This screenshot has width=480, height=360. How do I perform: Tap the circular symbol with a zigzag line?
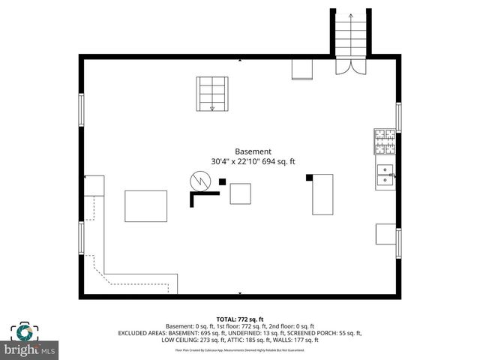[x=200, y=180]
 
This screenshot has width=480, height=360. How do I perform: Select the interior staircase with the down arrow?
[x=211, y=94]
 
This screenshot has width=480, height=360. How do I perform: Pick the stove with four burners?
[x=385, y=139]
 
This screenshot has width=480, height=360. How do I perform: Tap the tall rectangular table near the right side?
[x=322, y=193]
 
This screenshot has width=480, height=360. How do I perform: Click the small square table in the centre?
[x=241, y=193]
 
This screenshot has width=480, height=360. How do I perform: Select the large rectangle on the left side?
[x=145, y=206]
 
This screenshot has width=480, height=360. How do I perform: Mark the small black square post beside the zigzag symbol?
[x=222, y=181]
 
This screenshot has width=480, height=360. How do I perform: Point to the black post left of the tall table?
[x=308, y=178]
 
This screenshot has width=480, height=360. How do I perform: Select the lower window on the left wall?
[x=81, y=237]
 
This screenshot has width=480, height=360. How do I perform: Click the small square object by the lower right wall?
[x=385, y=234]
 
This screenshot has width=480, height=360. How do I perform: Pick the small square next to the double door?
[x=302, y=68]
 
